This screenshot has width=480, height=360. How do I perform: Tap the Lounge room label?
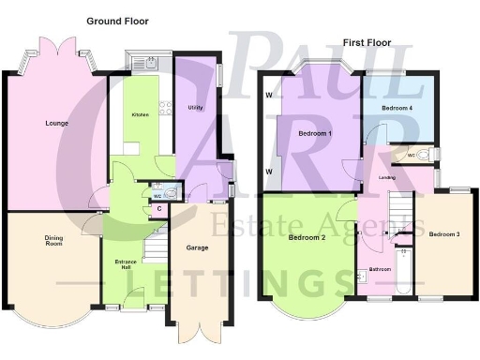coord(55,123)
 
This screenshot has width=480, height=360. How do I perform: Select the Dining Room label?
coord(54,240)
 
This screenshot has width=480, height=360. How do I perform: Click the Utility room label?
coord(195,108)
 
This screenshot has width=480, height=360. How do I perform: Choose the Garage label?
coord(197,248)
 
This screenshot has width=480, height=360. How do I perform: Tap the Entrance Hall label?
coord(126,263)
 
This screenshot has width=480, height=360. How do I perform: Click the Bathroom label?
coord(380,270)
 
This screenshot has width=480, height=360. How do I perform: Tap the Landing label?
coord(386,177)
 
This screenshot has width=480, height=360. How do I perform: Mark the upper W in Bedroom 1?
coord(269,95)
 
